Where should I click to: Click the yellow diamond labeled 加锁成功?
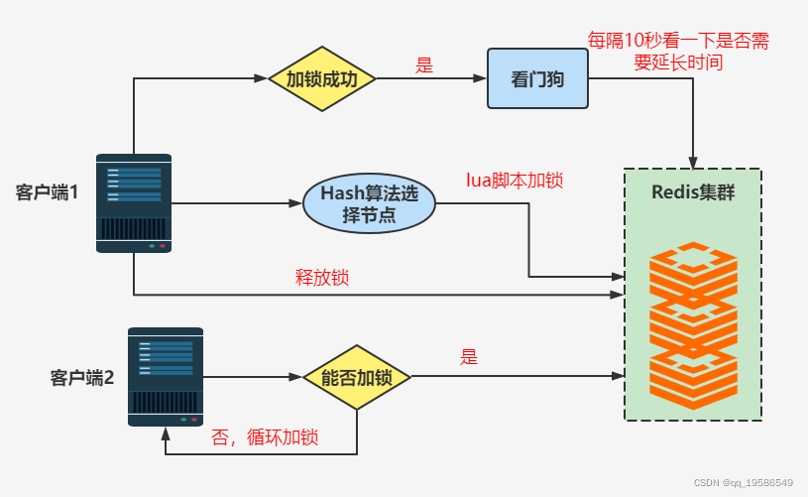click(321, 78)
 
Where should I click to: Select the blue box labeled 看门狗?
click(537, 78)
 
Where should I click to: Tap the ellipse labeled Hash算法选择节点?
click(369, 204)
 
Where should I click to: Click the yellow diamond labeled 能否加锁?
click(357, 377)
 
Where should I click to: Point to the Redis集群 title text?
click(693, 192)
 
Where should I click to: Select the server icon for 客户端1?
click(134, 202)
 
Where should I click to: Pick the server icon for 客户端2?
click(166, 377)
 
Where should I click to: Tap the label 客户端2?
click(81, 377)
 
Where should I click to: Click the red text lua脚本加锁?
click(515, 181)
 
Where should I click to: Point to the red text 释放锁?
click(322, 278)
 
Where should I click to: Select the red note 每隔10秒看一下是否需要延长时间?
click(678, 52)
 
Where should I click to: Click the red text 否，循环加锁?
click(271, 438)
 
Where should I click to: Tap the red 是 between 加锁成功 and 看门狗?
click(424, 65)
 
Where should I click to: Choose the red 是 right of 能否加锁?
click(469, 357)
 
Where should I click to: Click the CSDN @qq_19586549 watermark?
click(744, 483)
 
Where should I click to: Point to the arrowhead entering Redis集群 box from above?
click(693, 162)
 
